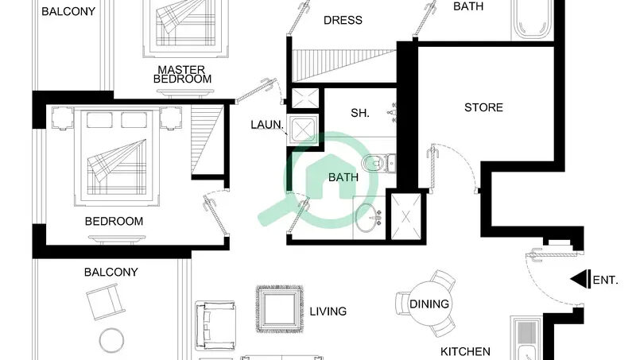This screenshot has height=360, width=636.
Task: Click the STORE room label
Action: coord(483,107)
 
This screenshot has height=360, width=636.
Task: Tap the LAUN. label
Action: coord(267,125)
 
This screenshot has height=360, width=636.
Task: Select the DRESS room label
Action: coord(343,20)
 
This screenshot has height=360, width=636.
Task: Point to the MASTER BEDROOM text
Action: coord(182,74)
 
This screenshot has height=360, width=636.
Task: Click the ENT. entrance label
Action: coord(605,281)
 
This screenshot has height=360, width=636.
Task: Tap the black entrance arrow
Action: coord(580,279)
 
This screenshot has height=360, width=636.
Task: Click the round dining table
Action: coord(429,304)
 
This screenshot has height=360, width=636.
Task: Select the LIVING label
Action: coord(328,312)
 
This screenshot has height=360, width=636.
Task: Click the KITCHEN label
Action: coord(465,351)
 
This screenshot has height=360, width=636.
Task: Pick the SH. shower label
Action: coord(360,113)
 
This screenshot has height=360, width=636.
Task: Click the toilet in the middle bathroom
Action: coord(377,164)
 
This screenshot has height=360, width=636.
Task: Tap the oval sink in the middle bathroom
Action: coord(366,218)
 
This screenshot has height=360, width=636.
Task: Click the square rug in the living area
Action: coord(280,309)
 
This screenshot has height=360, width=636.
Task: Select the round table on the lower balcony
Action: coord(111,340)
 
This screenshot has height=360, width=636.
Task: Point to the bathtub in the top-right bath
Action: coord(533,19)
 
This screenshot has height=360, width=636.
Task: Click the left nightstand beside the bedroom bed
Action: coord(62,118)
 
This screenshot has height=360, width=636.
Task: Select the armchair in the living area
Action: coord(215,326)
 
